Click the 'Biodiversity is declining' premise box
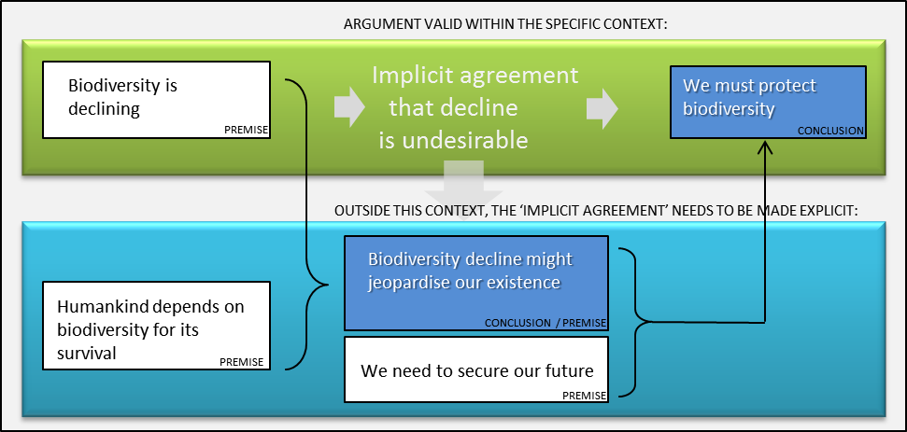point(156,99)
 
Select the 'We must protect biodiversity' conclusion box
point(768,102)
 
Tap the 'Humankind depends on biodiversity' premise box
point(156,325)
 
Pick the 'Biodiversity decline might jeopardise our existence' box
point(476,283)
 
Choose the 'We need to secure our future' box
point(476,369)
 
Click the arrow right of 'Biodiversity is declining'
point(349,107)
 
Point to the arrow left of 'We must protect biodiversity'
point(602,107)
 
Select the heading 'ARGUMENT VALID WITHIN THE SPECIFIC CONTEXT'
point(504,25)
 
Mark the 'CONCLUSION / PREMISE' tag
point(545,323)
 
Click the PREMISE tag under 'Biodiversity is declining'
point(247,130)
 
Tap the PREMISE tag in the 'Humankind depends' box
point(242,362)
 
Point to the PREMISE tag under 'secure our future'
point(584,395)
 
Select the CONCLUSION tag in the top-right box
point(830,132)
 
